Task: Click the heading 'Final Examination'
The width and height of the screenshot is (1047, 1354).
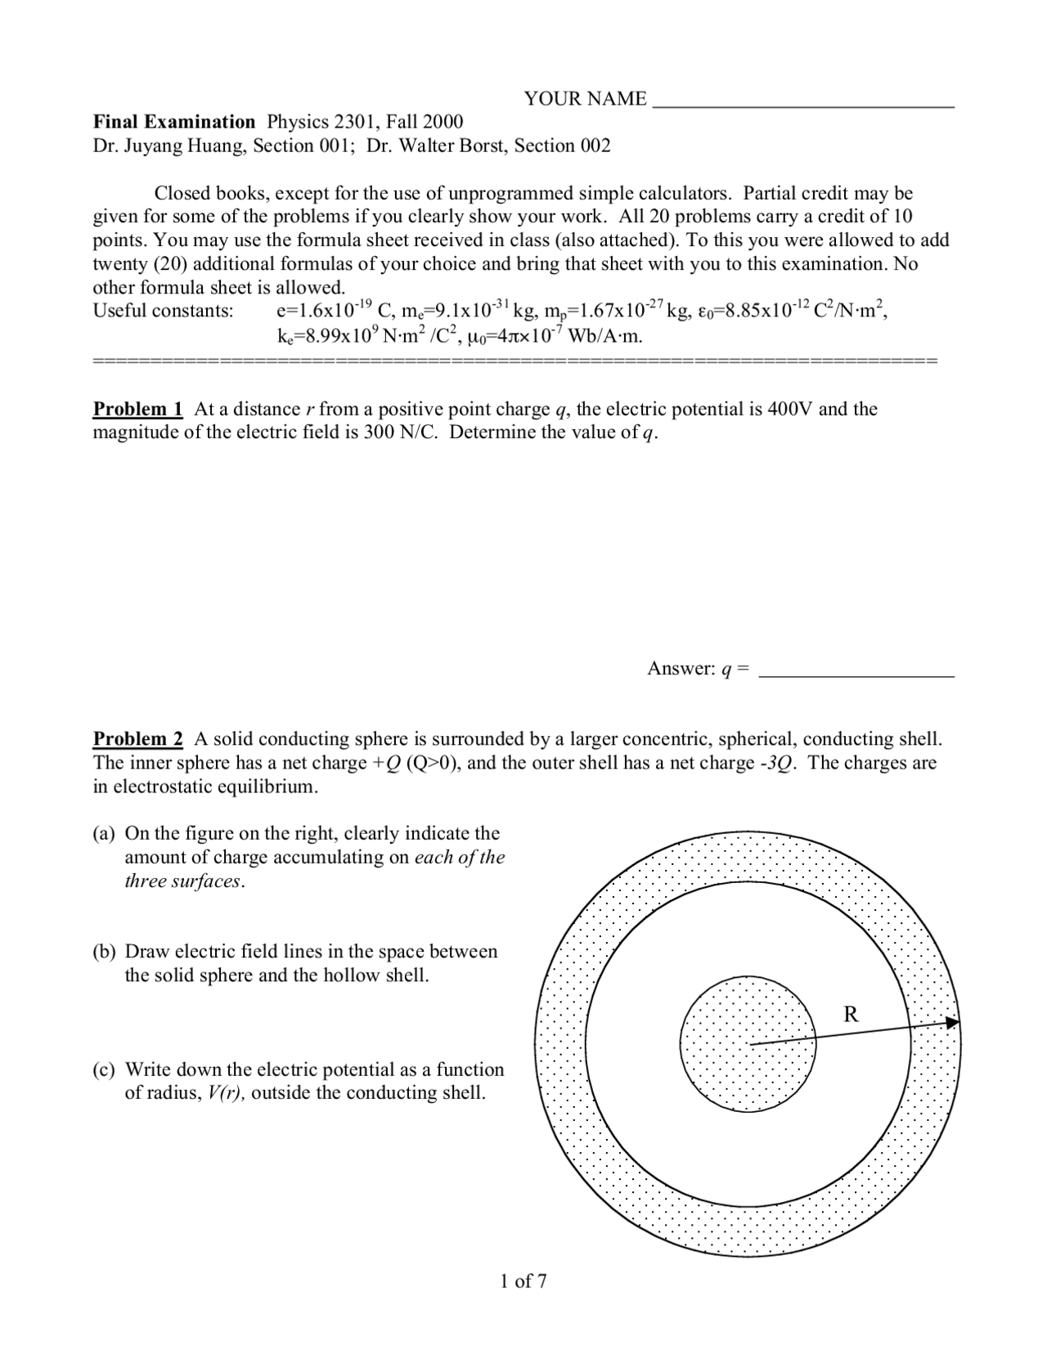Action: [174, 122]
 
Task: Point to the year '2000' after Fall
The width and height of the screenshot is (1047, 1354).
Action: [442, 122]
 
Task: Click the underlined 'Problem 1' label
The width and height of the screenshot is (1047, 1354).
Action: [137, 409]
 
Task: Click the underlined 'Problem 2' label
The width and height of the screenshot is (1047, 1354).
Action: [137, 739]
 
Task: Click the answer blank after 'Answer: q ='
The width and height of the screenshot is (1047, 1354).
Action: [856, 672]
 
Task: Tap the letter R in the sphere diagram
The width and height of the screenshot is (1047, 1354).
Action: [851, 1015]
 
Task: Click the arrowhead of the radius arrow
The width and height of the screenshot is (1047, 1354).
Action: [953, 1022]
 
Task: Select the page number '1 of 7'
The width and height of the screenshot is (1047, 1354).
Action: [523, 1281]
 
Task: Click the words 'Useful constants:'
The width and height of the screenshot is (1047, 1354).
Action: [163, 311]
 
